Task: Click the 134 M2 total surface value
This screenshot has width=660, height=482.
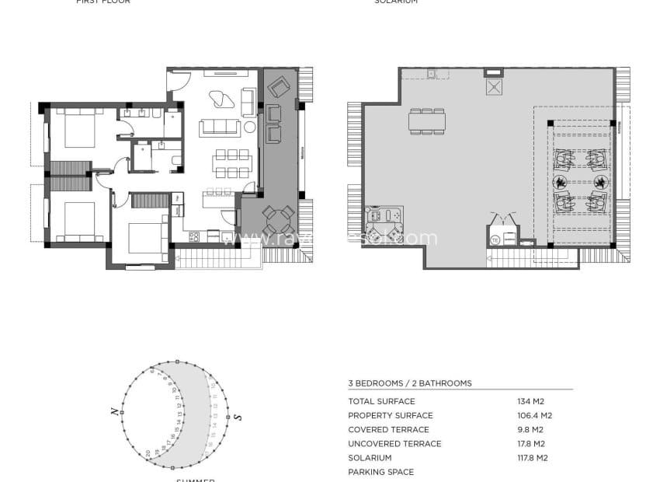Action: (529, 401)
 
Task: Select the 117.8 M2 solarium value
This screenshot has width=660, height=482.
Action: (532, 458)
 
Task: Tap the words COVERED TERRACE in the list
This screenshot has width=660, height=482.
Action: (388, 429)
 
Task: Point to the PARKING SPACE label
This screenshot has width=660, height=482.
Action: (380, 472)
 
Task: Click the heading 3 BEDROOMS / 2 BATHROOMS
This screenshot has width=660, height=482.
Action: (409, 383)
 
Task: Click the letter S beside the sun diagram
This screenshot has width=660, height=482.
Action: (238, 417)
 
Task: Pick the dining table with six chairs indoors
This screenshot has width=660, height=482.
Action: (232, 163)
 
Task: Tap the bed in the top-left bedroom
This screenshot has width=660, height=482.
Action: (78, 128)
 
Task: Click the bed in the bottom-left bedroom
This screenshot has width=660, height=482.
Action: (78, 222)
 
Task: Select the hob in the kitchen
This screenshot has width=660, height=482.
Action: (194, 236)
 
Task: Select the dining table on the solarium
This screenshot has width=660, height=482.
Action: (426, 121)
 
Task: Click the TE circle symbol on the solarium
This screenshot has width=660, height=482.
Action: (495, 241)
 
